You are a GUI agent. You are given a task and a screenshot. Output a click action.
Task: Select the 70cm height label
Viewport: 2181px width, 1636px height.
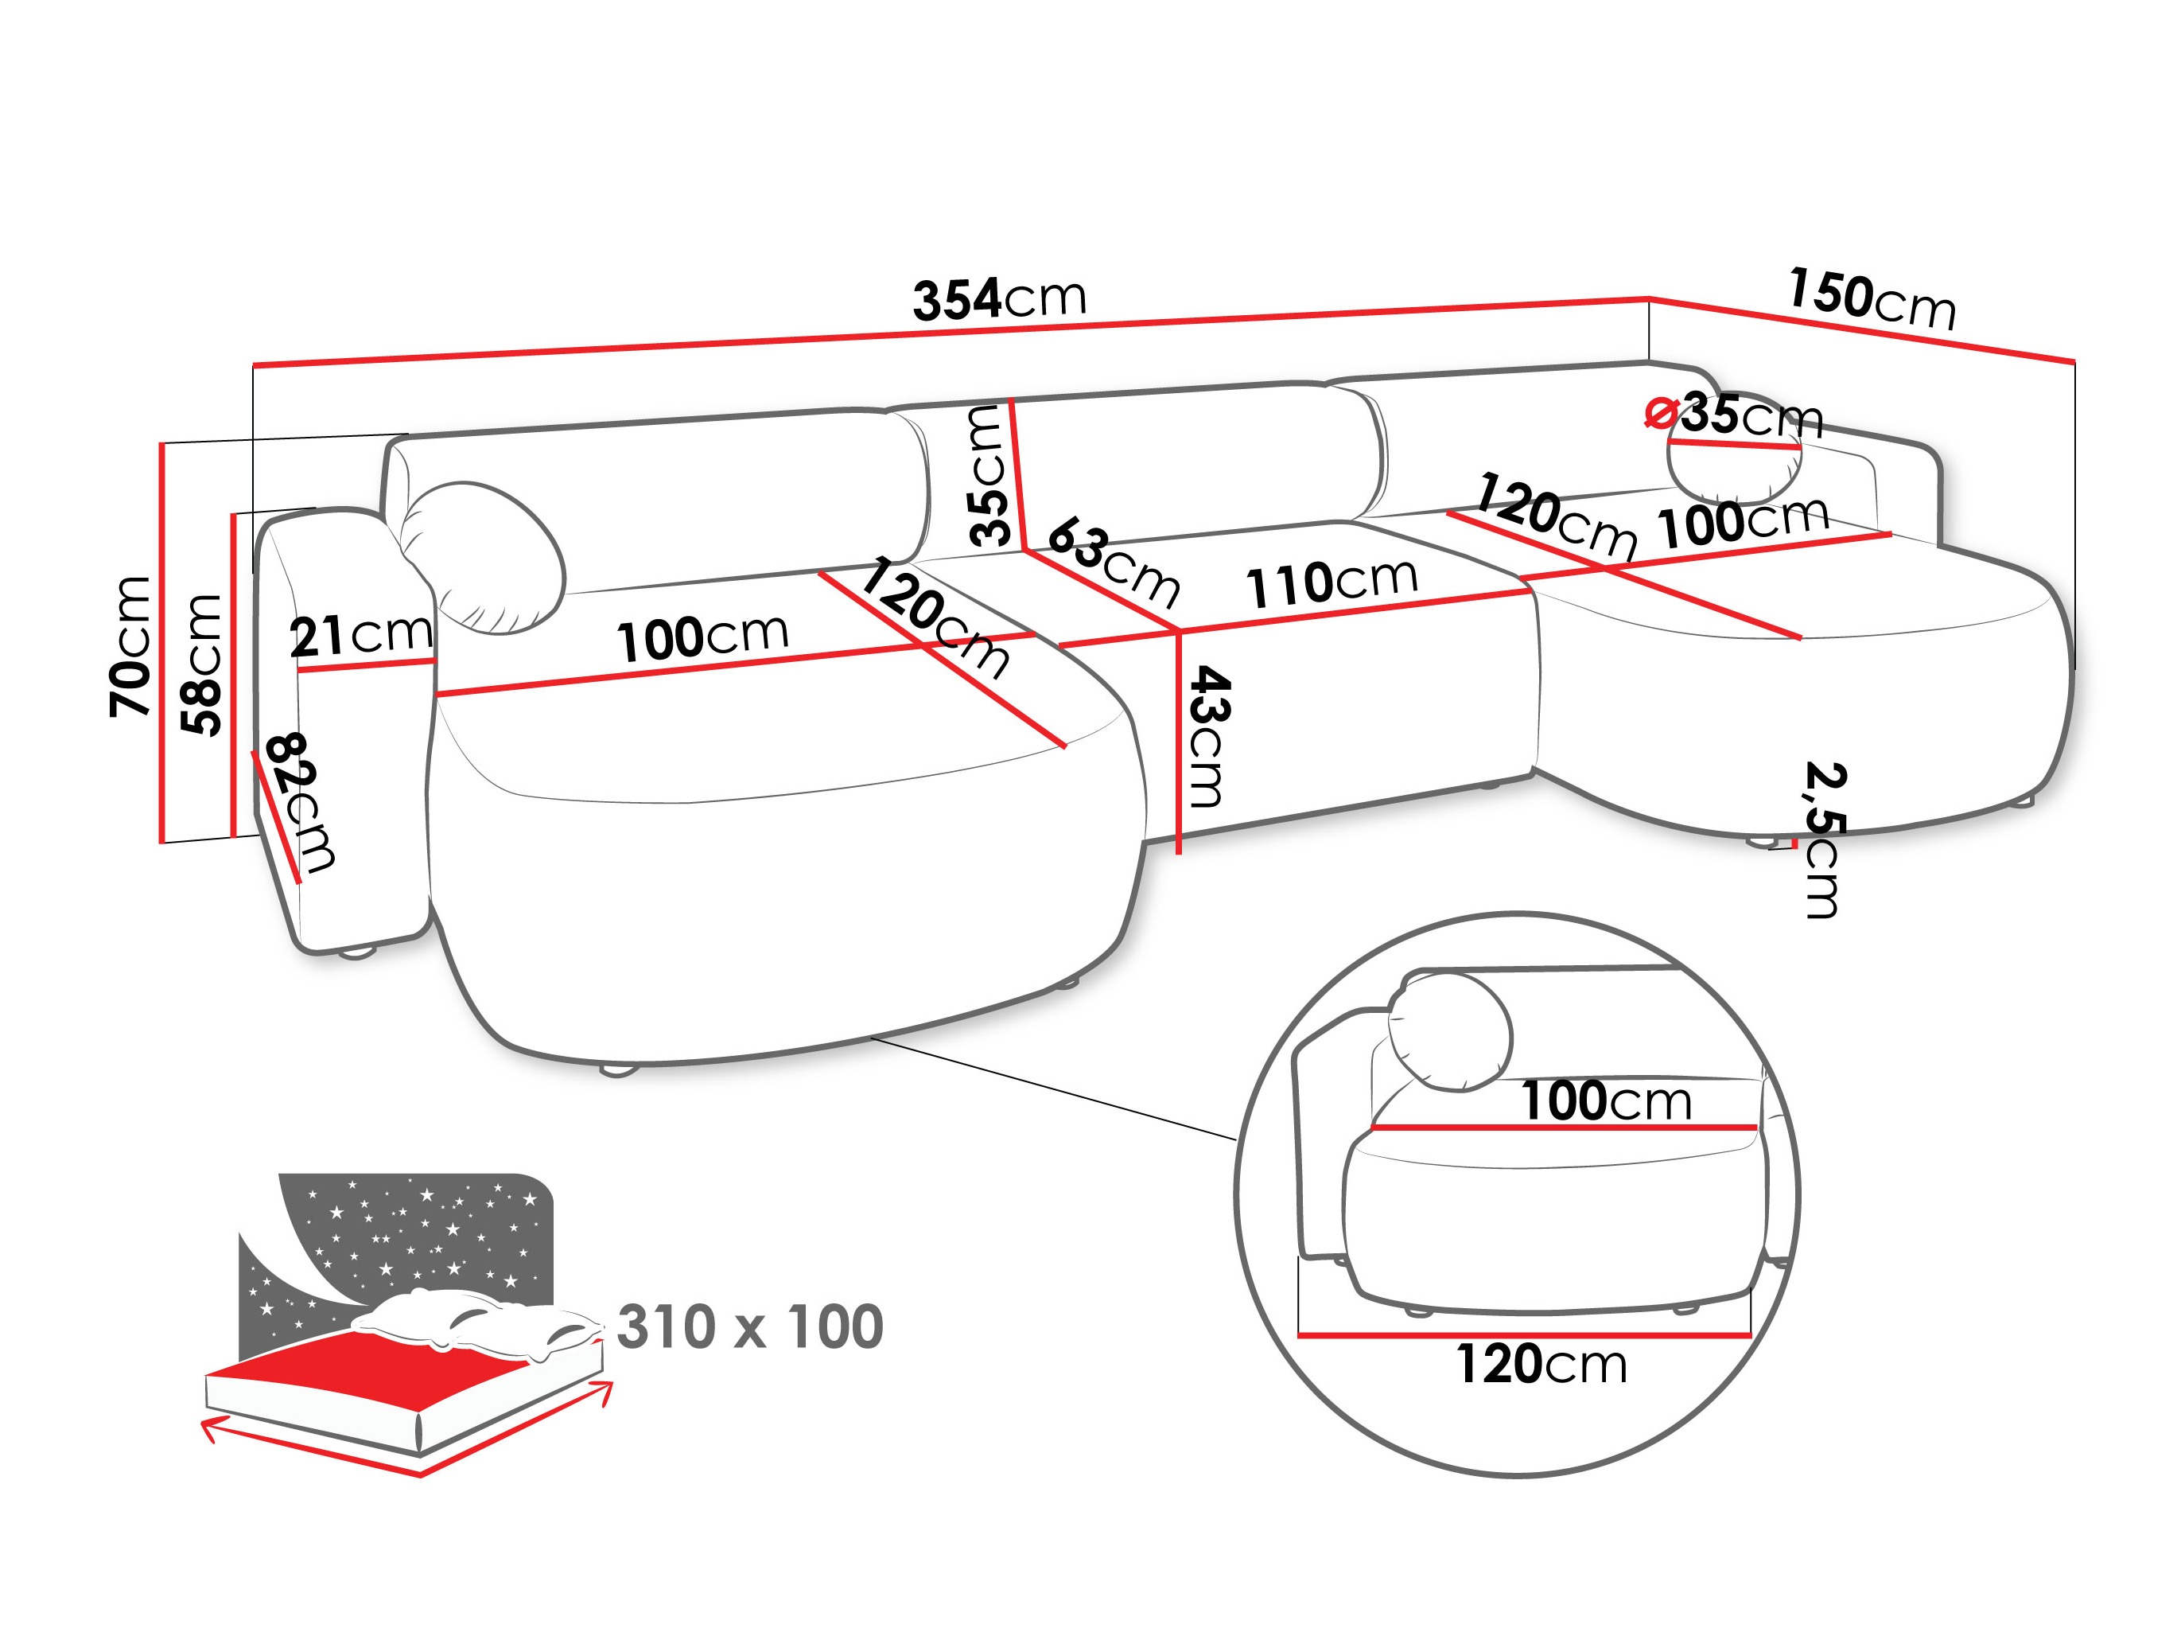(x=131, y=646)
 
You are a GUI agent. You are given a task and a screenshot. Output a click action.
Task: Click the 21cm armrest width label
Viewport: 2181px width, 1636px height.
(x=361, y=635)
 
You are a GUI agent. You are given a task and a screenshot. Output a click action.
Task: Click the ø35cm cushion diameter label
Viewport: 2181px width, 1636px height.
(x=1736, y=415)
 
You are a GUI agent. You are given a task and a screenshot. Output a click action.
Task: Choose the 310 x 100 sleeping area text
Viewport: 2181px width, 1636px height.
(x=749, y=1326)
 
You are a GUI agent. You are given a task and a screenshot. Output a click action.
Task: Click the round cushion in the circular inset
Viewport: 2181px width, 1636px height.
(x=1449, y=1030)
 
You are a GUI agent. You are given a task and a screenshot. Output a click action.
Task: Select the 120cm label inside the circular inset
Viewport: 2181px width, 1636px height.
(x=1541, y=1364)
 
